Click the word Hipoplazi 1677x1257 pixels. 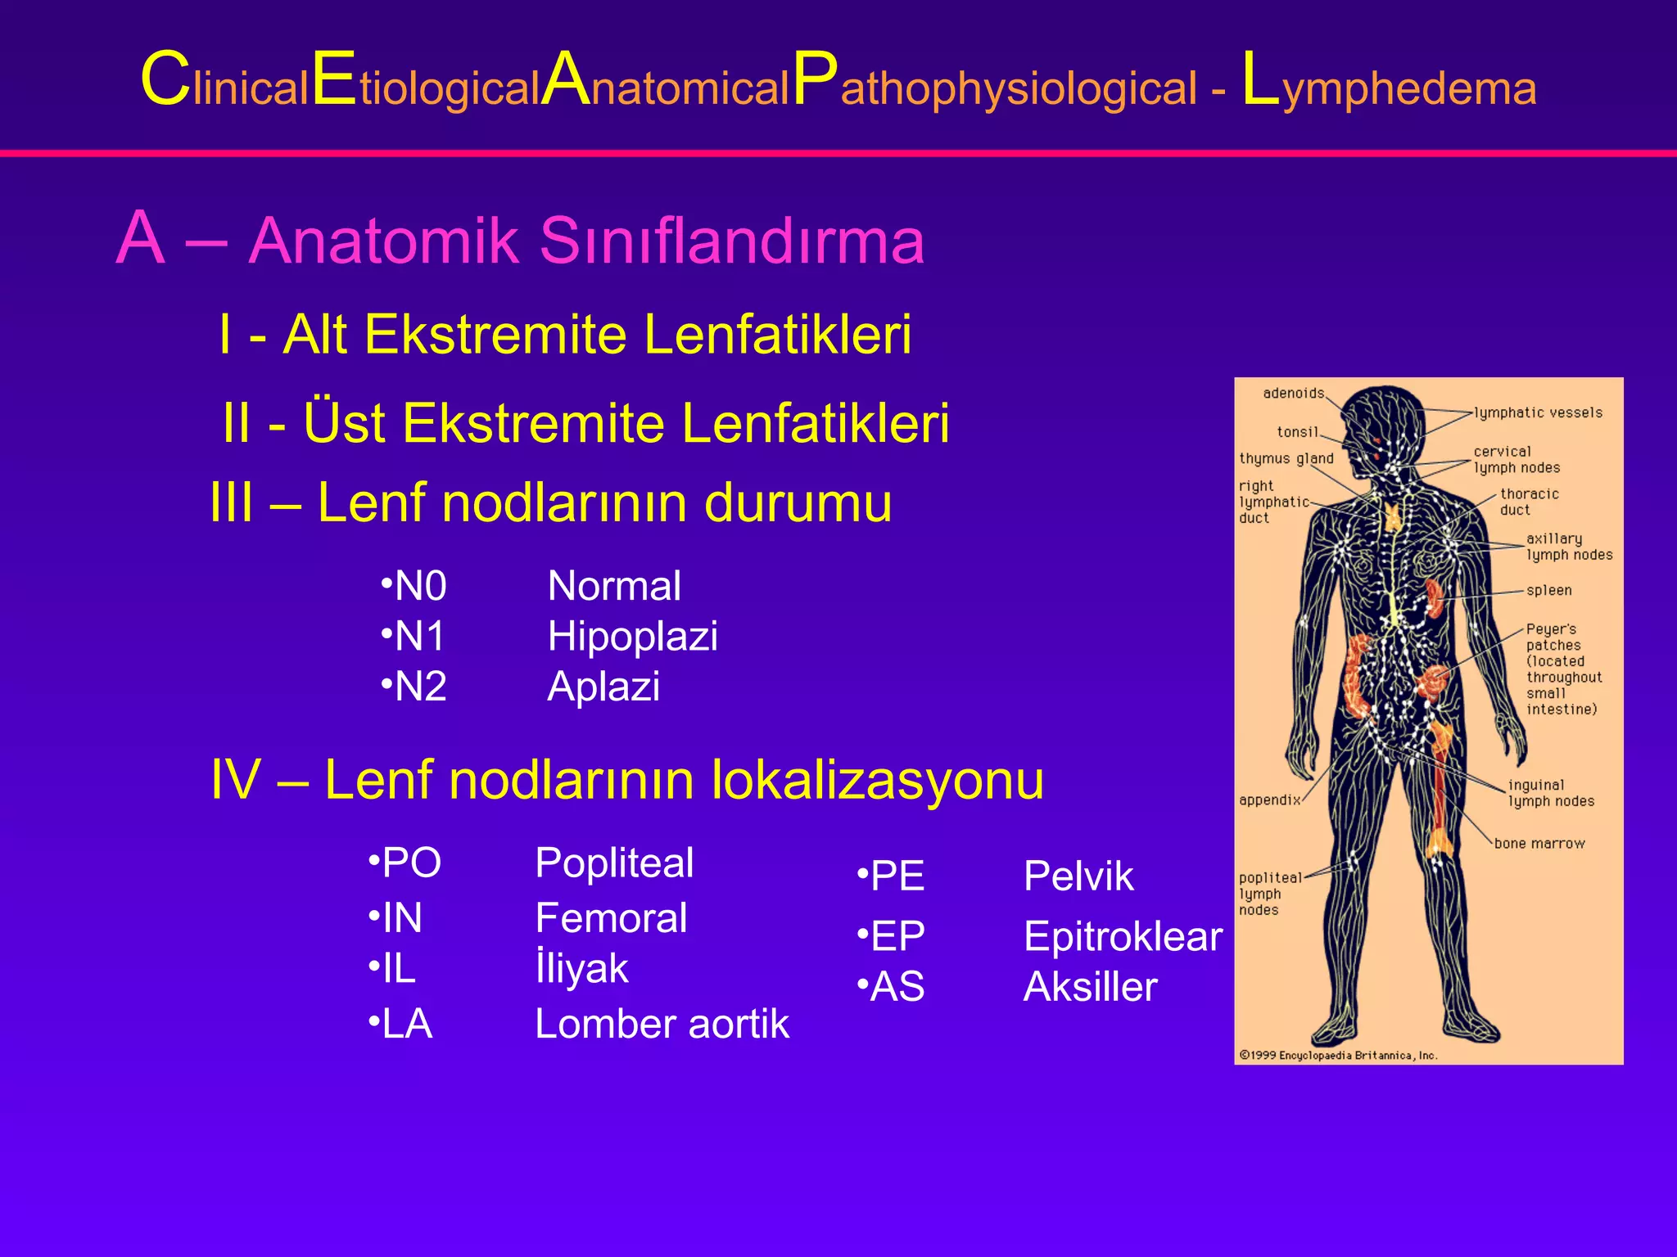632,636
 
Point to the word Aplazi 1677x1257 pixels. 603,686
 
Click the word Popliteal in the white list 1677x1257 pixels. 614,863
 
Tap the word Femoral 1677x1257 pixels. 611,917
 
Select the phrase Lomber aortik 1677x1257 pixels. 662,1024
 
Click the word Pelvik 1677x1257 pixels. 1078,876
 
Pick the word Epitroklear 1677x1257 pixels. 1123,936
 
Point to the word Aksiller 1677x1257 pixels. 1090,987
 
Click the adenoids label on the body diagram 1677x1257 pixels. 1293,394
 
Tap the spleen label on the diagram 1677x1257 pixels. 1548,590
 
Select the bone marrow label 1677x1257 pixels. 1539,844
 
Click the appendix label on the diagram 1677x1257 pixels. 1269,800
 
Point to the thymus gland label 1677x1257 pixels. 1286,458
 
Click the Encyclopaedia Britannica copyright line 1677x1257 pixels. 1338,1055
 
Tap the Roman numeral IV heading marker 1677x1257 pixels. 236,779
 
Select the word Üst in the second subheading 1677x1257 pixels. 344,423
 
